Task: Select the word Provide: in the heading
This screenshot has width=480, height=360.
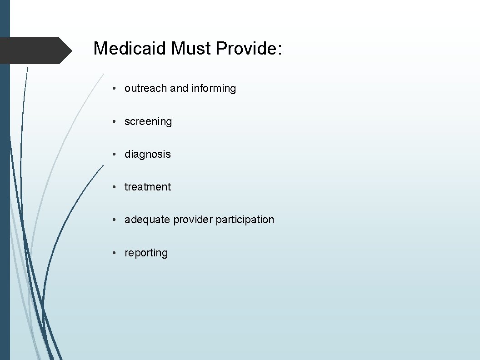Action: tap(249, 48)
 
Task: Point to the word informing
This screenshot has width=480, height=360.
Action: tap(214, 88)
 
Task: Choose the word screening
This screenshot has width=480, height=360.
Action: tap(148, 121)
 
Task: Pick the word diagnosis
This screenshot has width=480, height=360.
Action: tap(148, 154)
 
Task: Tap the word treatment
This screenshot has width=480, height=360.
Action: tap(148, 187)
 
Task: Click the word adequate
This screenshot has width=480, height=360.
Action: tap(147, 220)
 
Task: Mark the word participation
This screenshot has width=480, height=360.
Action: tap(245, 220)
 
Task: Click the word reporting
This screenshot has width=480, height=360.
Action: tap(146, 253)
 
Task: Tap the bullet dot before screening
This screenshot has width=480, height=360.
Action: tap(116, 121)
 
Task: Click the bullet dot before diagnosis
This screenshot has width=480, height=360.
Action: tap(116, 154)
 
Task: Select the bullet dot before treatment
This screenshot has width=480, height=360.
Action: tap(116, 187)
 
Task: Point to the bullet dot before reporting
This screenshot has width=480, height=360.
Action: tap(116, 253)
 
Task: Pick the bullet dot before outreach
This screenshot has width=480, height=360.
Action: tap(116, 88)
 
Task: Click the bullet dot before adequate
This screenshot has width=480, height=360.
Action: tap(116, 220)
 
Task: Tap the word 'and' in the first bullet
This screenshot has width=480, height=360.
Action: tap(179, 88)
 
